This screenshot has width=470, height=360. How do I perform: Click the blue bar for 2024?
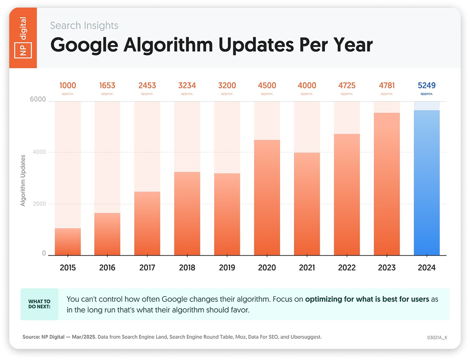pyautogui.click(x=427, y=183)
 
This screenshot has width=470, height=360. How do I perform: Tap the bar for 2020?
pyautogui.click(x=267, y=197)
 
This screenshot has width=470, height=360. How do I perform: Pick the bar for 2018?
pyautogui.click(x=187, y=213)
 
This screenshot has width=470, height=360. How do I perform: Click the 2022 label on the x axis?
pyautogui.click(x=347, y=268)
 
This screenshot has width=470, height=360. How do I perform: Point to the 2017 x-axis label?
pyautogui.click(x=147, y=268)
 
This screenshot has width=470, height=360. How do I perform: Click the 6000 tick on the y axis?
pyautogui.click(x=38, y=100)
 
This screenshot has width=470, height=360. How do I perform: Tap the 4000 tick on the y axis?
pyautogui.click(x=38, y=152)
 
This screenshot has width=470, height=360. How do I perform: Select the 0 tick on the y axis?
pyautogui.click(x=44, y=253)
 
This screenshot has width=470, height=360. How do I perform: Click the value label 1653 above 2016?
pyautogui.click(x=107, y=85)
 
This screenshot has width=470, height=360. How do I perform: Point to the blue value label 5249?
pyautogui.click(x=427, y=85)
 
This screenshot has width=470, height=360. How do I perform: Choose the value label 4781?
pyautogui.click(x=387, y=85)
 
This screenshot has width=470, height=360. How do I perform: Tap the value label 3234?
pyautogui.click(x=187, y=85)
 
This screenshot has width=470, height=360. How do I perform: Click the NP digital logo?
pyautogui.click(x=23, y=38)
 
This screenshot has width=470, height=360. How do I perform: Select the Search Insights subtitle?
pyautogui.click(x=84, y=25)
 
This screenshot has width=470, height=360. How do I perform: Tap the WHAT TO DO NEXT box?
pyautogui.click(x=39, y=304)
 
